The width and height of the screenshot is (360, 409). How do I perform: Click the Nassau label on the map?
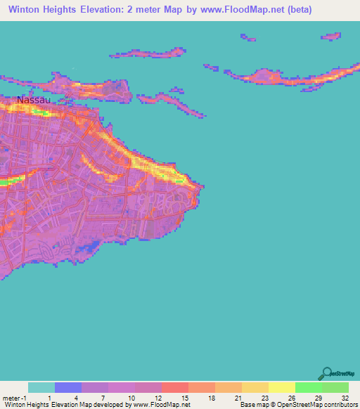pyautogui.click(x=34, y=100)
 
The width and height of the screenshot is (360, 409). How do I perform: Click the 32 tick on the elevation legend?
pyautogui.click(x=345, y=398)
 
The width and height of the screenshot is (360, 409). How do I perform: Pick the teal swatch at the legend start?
pyautogui.click(x=41, y=387)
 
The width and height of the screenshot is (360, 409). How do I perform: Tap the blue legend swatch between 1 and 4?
pyautogui.click(x=68, y=387)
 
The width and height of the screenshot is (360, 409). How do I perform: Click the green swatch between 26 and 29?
pyautogui.click(x=309, y=387)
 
